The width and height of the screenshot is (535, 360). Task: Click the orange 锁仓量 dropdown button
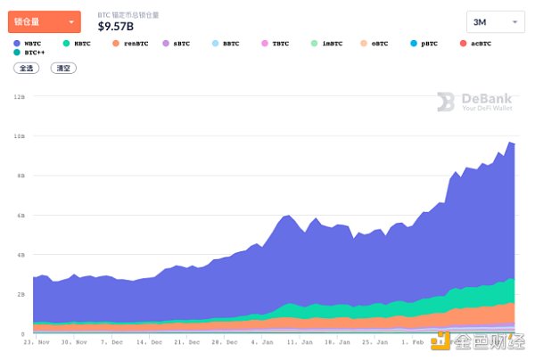click(x=44, y=21)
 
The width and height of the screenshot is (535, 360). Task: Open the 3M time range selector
click(x=496, y=22)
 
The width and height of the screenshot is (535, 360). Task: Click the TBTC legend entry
click(x=275, y=43)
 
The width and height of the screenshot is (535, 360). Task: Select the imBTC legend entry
click(x=325, y=43)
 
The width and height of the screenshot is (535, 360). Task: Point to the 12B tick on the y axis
click(x=20, y=96)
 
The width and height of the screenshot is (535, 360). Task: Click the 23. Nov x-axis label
click(x=36, y=342)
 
